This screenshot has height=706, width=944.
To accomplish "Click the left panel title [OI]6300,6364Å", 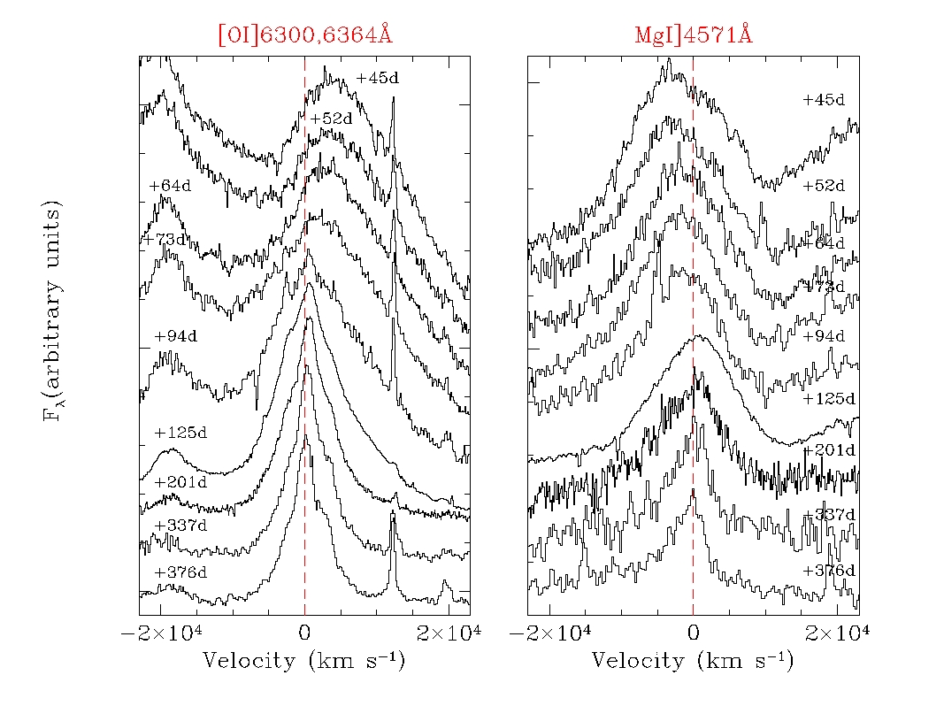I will tap(305, 35).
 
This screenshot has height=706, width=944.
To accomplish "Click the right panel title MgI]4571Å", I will tap(694, 35).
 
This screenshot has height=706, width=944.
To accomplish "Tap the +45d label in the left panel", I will tap(378, 78).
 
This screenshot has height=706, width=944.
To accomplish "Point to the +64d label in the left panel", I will tap(170, 186).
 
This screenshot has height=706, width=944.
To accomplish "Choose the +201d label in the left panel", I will tap(180, 482).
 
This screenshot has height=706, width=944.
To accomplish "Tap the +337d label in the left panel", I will tap(180, 526).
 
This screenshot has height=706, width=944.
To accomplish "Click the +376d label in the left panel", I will tap(180, 572).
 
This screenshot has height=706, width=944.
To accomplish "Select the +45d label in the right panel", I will tap(824, 100).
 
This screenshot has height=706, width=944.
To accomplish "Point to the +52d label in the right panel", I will tap(824, 186).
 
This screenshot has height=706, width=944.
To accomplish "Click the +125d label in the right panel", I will tap(828, 398).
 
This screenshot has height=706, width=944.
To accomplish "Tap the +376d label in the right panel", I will tap(828, 571).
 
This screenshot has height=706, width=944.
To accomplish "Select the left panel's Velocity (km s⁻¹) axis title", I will tap(304, 661).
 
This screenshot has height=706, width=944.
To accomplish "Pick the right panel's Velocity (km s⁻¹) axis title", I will tap(693, 661).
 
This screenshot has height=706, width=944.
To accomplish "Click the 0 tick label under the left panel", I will tap(304, 633).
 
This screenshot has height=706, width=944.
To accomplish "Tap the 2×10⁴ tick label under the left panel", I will tap(451, 633).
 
